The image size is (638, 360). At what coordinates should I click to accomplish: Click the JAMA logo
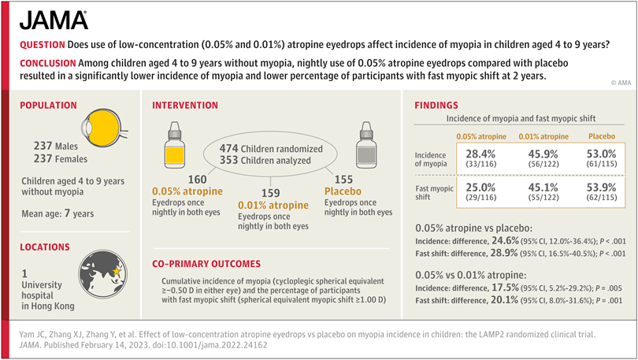[54, 20]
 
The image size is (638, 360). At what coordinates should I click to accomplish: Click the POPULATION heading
[48, 105]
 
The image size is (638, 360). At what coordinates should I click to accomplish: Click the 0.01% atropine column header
[541, 135]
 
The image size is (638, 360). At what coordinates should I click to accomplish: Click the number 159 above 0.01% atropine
[270, 191]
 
